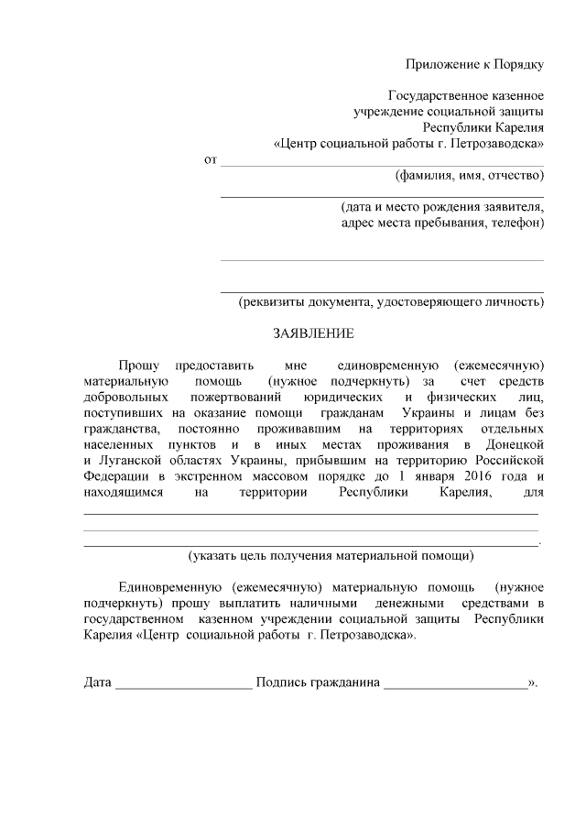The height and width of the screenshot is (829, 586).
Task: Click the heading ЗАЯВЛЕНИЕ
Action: coord(313,334)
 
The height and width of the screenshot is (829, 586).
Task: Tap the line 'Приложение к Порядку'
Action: coord(475,64)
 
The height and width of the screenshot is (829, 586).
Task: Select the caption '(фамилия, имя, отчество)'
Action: coord(469,174)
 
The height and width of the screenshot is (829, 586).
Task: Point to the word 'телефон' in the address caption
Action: coord(515,222)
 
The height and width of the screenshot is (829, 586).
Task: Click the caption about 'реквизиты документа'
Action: coord(391,301)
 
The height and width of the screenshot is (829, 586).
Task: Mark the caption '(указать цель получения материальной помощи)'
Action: coord(331,555)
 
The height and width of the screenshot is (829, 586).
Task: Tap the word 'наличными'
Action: coord(314,604)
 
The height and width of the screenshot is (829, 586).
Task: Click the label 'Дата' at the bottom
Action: coord(98,683)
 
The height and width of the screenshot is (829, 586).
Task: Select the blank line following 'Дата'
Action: coord(184,686)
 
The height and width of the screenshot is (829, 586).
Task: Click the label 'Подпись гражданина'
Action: coord(318,683)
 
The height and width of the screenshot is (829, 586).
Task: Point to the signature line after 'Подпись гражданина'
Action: coord(456,686)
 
